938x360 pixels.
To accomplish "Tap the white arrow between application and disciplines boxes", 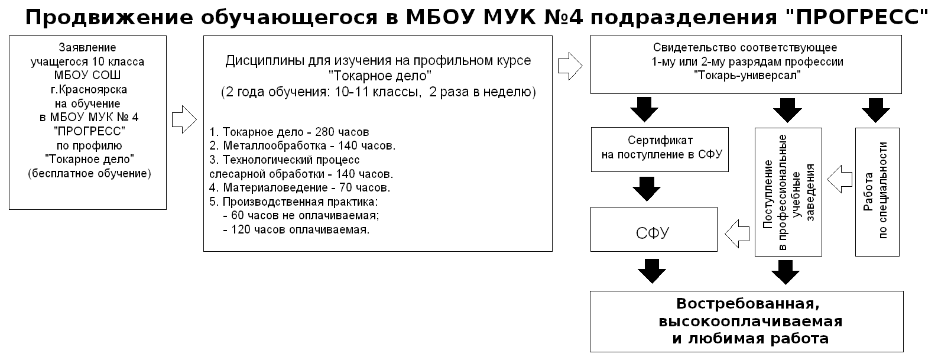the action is [184, 120].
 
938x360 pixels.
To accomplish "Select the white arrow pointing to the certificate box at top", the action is [570, 66].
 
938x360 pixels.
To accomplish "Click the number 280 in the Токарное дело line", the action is [324, 132].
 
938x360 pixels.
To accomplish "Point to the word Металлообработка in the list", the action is [274, 145].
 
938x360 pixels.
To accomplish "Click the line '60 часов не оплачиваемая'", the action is [301, 215].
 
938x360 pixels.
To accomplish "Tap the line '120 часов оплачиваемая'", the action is [296, 229].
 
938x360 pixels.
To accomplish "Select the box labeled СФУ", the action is [654, 229].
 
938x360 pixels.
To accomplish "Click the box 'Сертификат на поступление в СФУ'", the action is [660, 150].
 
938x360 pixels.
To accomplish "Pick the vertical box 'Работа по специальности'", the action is [877, 192].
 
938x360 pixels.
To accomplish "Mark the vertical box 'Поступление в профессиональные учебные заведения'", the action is [788, 192].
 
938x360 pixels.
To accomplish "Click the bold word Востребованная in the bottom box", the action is [748, 303].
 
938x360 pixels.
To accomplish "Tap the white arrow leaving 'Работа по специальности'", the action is [840, 179].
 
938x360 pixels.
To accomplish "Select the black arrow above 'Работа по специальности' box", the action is [875, 110].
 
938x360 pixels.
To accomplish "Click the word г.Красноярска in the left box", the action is [89, 90].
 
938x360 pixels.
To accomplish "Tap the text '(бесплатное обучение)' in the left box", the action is [90, 173].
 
